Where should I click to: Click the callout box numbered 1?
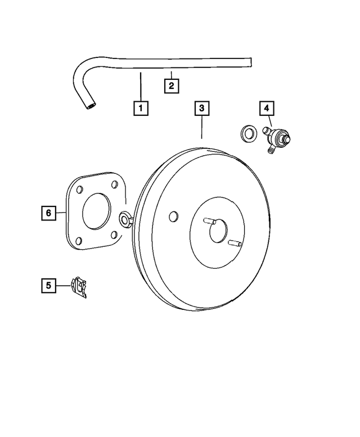(141, 107)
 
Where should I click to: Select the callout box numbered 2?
(171, 86)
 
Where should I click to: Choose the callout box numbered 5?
(49, 285)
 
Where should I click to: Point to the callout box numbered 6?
(49, 213)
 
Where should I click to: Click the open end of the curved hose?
(90, 104)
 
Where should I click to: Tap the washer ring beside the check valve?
(246, 134)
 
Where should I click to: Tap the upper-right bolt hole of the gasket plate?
(115, 183)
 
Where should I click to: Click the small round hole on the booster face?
(174, 216)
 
